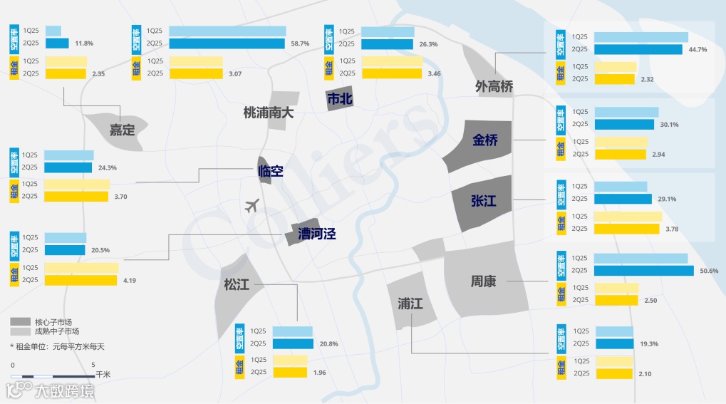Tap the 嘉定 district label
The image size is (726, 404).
122,130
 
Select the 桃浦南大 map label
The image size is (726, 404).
269,112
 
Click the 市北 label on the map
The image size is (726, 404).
339,100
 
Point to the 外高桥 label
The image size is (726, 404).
494,87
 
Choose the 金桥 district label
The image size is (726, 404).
485,140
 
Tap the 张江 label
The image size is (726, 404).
483,201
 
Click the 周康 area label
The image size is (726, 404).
483,281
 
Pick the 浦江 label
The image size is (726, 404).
410,304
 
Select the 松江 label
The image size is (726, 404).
237,285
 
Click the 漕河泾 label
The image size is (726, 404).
316,234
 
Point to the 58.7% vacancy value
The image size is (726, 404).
300,44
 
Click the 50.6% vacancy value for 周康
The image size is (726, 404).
710,271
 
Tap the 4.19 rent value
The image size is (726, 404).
129,281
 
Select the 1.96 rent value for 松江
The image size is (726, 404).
321,373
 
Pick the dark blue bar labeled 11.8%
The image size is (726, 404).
57,43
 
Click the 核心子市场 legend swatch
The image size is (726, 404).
21,321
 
